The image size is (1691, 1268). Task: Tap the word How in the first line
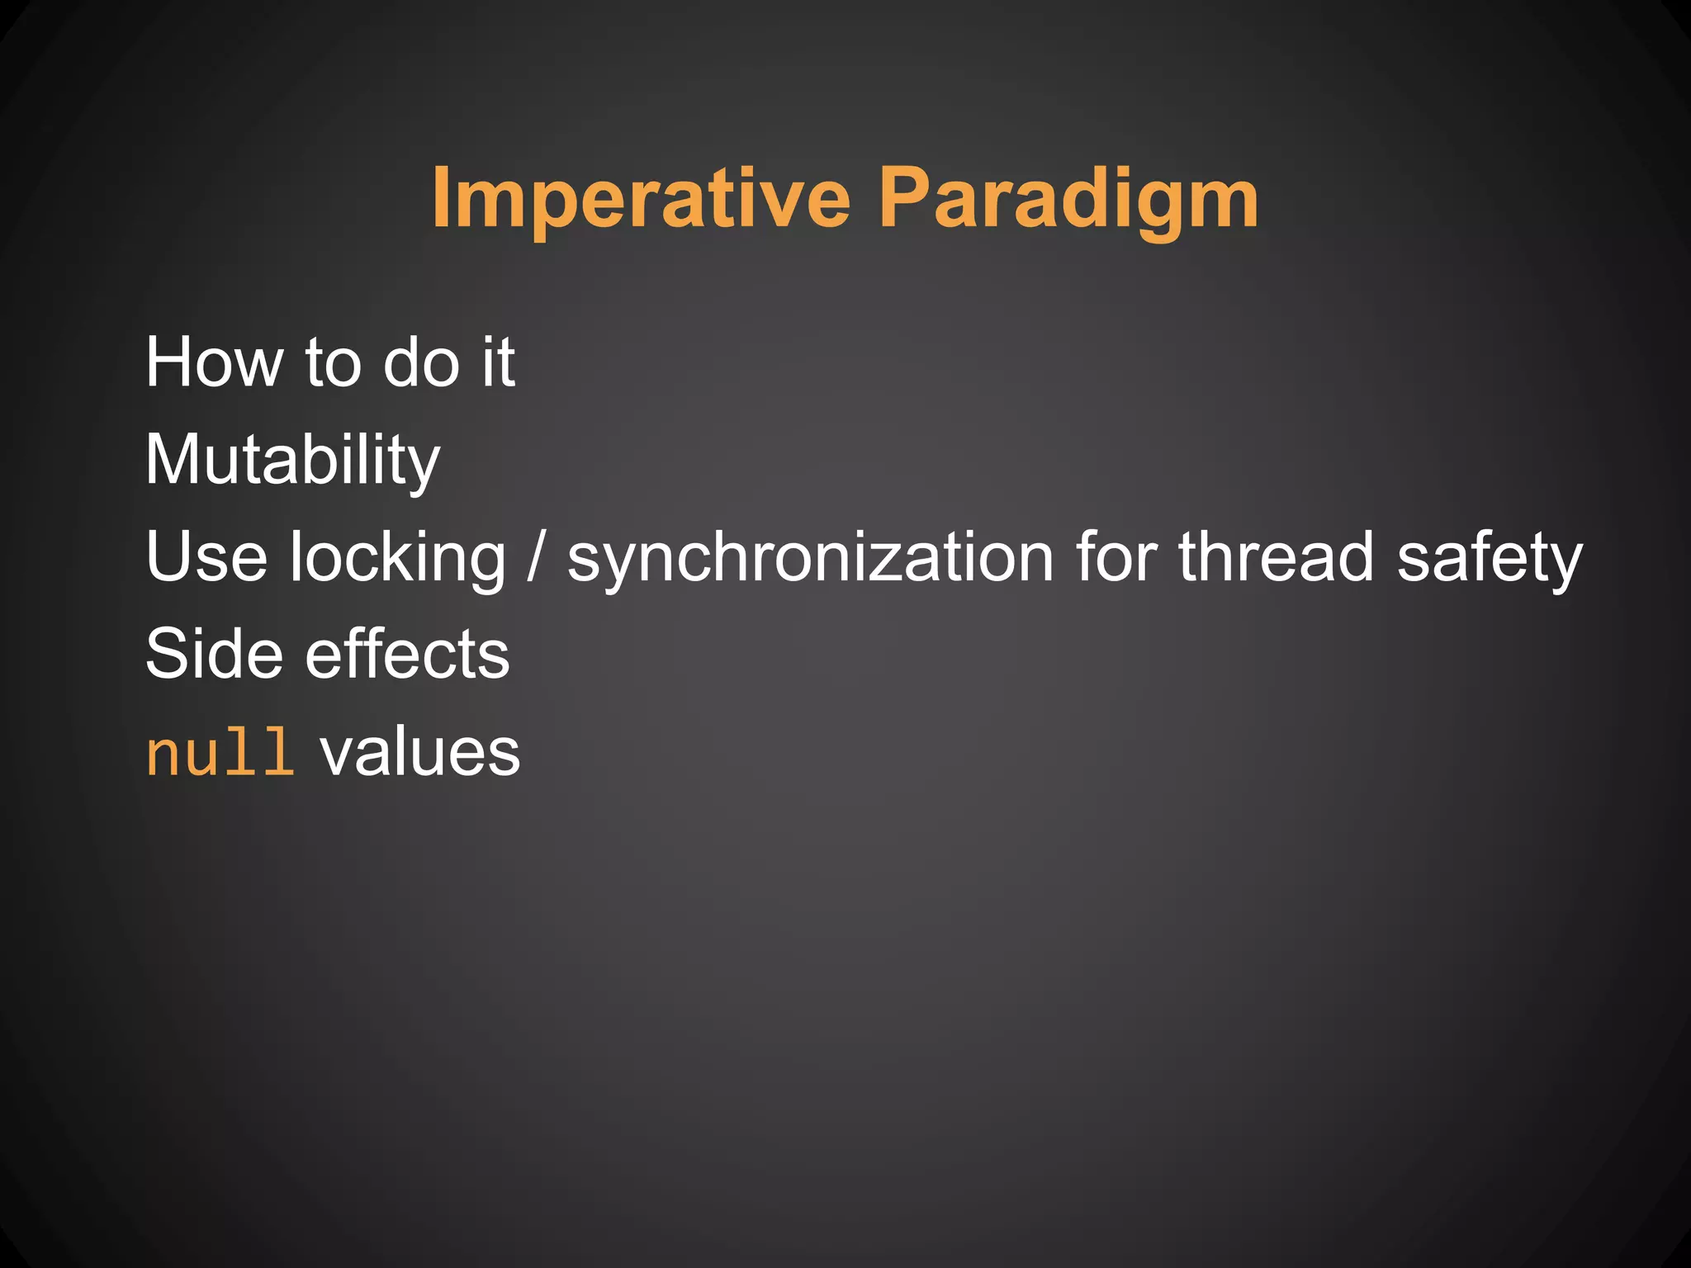(x=214, y=362)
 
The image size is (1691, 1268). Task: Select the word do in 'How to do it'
(x=421, y=362)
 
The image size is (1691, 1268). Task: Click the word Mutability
(x=292, y=461)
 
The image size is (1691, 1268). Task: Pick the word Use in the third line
(x=206, y=558)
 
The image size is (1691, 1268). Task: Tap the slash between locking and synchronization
(x=537, y=558)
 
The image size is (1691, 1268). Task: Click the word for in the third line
(x=1115, y=558)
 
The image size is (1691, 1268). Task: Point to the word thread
(x=1276, y=558)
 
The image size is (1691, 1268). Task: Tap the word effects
(x=408, y=654)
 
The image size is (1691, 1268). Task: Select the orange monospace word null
(x=220, y=753)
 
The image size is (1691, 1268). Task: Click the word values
(x=420, y=753)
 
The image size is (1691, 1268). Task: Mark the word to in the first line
(x=333, y=364)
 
